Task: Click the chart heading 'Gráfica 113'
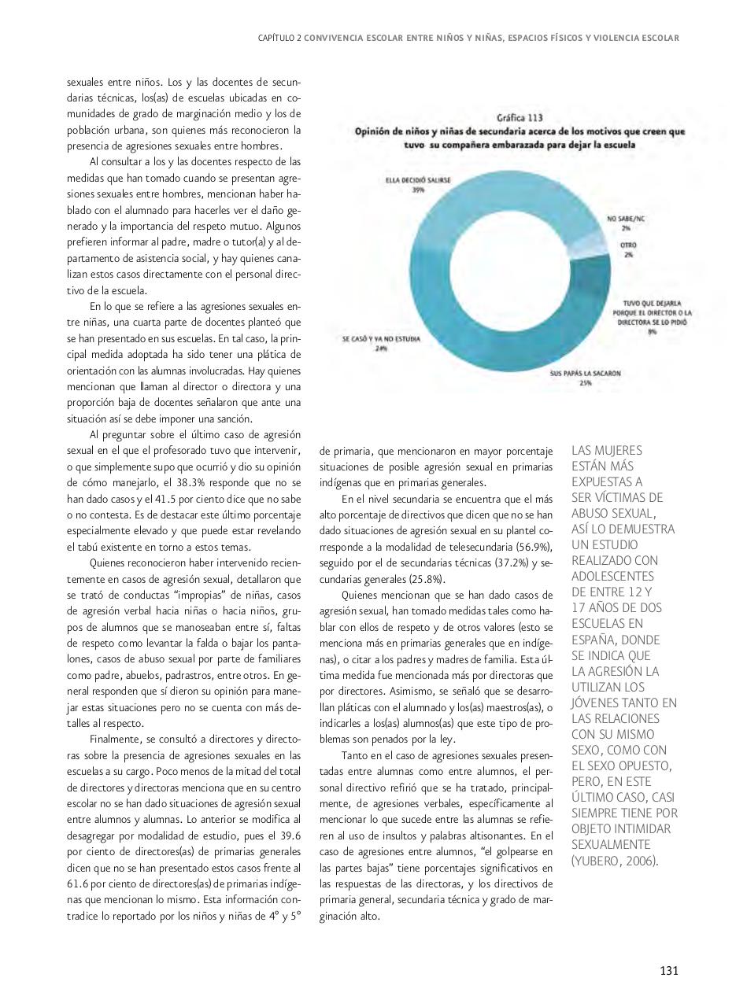(519, 117)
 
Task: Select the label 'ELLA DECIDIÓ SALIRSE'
(418, 180)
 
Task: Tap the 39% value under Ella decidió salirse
(418, 190)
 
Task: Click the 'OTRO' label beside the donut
(627, 245)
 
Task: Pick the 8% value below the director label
(652, 331)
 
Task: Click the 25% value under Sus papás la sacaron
(585, 383)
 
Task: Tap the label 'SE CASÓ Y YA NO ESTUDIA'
(381, 339)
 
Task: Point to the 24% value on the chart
(381, 349)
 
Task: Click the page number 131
(668, 970)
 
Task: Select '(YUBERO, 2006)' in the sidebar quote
(614, 861)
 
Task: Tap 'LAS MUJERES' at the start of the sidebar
(606, 451)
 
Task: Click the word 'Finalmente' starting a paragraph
(114, 740)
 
